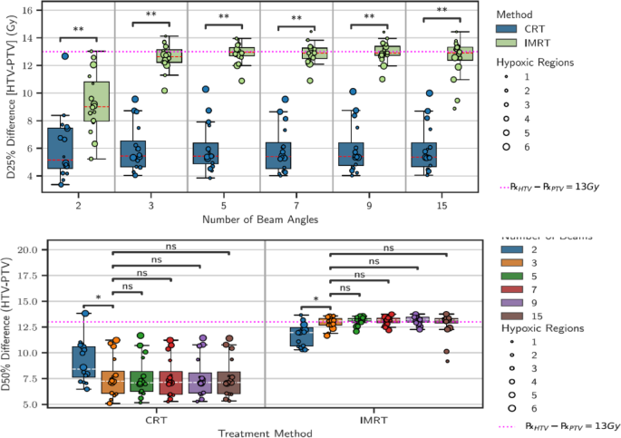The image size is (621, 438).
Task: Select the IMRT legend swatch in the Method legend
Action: click(x=515, y=43)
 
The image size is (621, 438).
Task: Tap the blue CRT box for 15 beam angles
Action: click(x=423, y=154)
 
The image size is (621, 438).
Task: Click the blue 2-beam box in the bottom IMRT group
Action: click(x=301, y=337)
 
